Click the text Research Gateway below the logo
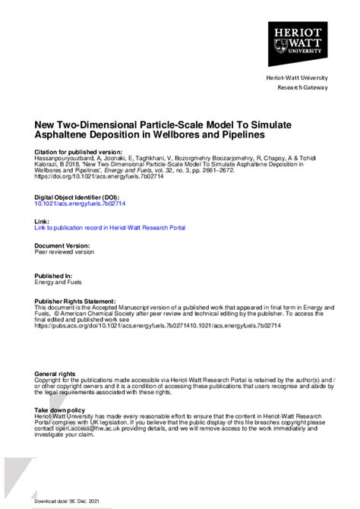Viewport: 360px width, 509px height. point(302,87)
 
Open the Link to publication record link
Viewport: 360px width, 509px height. point(109,227)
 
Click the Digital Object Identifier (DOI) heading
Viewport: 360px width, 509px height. point(76,197)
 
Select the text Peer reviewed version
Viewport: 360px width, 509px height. point(65,252)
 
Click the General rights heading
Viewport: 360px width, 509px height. point(55,374)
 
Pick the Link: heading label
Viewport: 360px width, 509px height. point(43,220)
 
